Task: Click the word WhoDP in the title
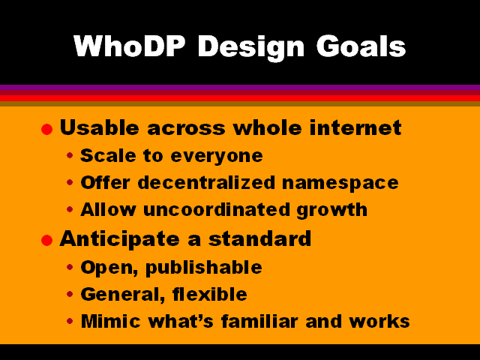click(130, 46)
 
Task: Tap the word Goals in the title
click(361, 46)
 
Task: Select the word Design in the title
click(251, 48)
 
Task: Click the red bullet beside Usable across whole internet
click(46, 129)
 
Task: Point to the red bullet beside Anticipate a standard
click(46, 240)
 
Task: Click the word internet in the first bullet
click(355, 127)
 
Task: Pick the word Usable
click(100, 127)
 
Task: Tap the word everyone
click(217, 157)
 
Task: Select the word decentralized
click(207, 183)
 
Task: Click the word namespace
click(340, 184)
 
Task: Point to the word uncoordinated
click(217, 210)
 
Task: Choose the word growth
click(331, 211)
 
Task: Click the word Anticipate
click(120, 239)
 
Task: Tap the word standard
click(259, 238)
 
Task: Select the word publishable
click(203, 268)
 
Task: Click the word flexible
click(210, 294)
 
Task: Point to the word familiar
click(259, 322)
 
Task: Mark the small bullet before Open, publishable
click(70, 267)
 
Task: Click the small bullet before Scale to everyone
click(70, 156)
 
